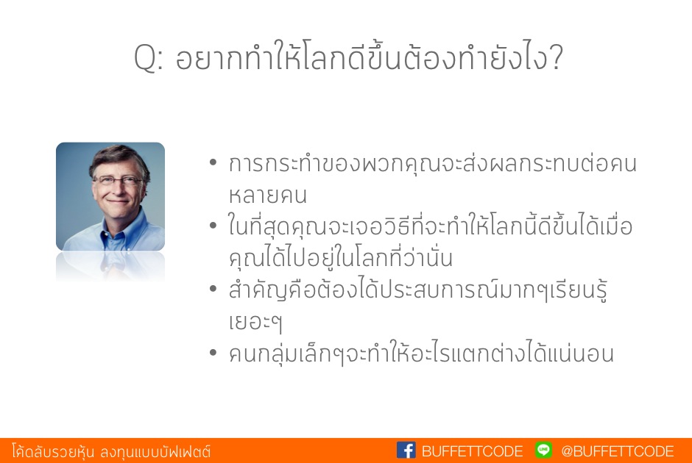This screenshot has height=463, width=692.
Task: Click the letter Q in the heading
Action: tap(145, 58)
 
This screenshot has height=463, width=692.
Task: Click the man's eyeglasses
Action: tap(116, 180)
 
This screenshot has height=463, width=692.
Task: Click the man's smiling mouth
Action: tap(117, 201)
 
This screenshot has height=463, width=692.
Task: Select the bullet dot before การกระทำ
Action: tap(213, 162)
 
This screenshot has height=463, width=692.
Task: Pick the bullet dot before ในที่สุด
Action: tap(213, 226)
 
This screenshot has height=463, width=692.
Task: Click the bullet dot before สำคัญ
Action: tap(213, 290)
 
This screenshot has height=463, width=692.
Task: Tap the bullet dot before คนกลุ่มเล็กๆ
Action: tap(213, 353)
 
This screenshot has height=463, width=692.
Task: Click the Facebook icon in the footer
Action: tap(406, 451)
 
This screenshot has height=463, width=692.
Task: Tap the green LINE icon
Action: tap(544, 450)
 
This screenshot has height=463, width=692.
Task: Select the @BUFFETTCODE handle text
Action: tap(618, 451)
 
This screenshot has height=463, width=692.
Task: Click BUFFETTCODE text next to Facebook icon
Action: tap(472, 451)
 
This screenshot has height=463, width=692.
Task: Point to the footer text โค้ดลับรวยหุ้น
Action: tap(54, 451)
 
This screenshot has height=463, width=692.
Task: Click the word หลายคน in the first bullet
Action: tap(267, 195)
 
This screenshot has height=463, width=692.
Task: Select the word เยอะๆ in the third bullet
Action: tap(255, 322)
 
